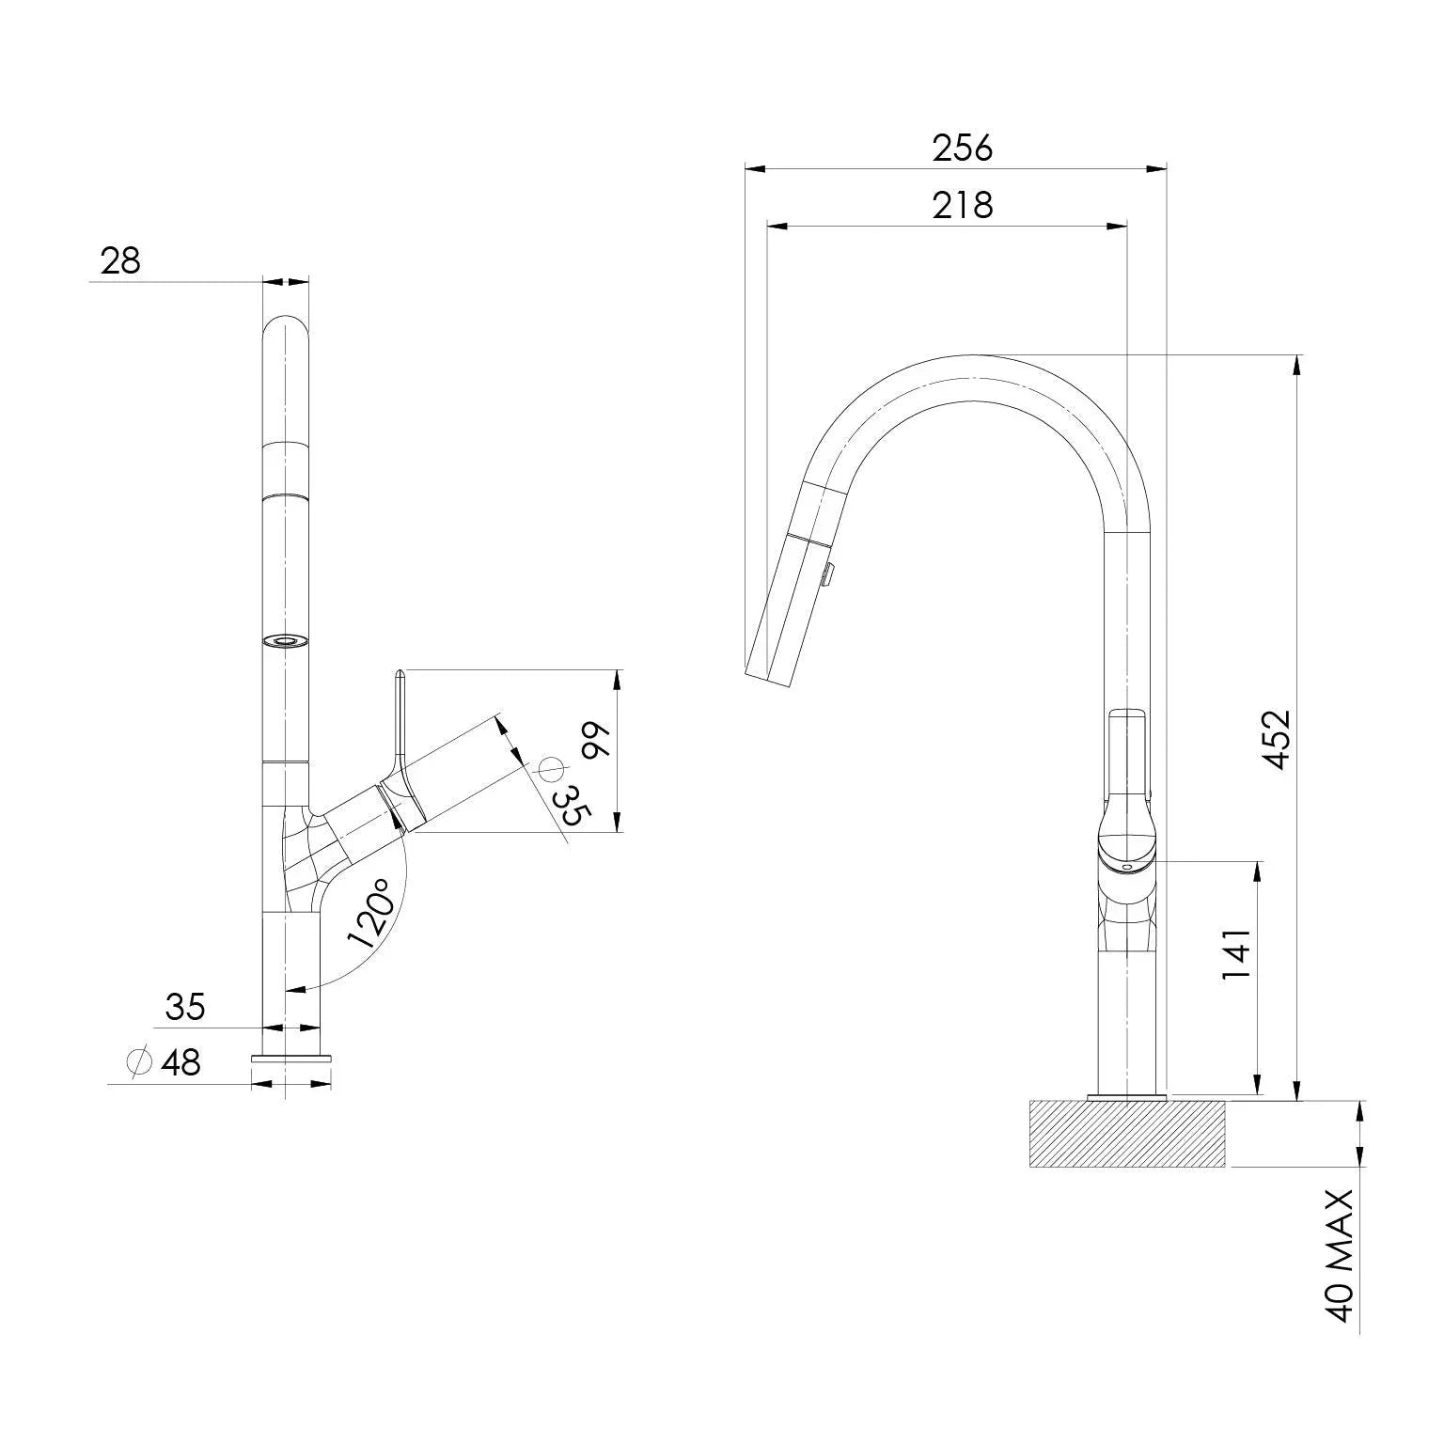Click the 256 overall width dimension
point(962,149)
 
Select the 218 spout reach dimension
point(962,205)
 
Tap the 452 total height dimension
point(1278,739)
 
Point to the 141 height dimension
point(1237,954)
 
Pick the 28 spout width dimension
point(120,260)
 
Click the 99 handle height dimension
point(596,741)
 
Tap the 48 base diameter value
point(180,1063)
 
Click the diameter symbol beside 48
point(139,1062)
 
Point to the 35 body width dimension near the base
point(184,1007)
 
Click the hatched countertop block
point(1127,1134)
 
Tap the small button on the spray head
point(827,573)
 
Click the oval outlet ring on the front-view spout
point(285,641)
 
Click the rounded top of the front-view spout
point(285,329)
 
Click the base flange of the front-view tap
point(291,1059)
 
